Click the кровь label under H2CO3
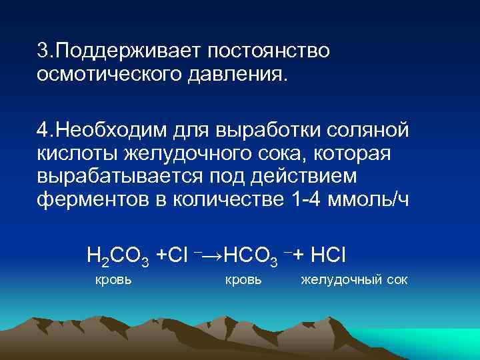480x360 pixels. point(114,279)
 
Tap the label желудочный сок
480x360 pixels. point(353,279)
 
